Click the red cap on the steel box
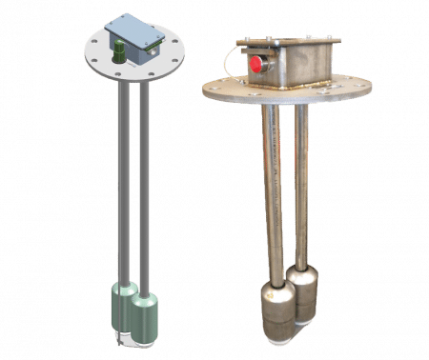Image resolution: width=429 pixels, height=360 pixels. (255, 64)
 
